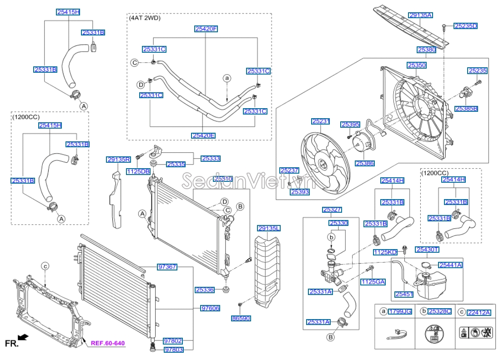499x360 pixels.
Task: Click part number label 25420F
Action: point(207,29)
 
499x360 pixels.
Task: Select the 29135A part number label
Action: point(420,15)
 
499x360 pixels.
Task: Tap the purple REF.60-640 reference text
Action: point(107,343)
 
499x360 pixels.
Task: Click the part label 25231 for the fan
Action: point(320,121)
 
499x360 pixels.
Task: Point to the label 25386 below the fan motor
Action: point(365,163)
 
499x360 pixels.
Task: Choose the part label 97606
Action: point(210,308)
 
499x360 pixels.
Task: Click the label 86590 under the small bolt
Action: point(241,319)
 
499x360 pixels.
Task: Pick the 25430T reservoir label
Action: point(427,250)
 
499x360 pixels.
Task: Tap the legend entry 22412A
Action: point(479,312)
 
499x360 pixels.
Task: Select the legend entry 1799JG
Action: point(400,312)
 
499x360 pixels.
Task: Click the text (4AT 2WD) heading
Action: point(145,18)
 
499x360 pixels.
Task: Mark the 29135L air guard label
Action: point(269,228)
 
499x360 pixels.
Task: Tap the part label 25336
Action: point(205,290)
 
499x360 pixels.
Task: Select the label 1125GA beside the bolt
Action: point(373,282)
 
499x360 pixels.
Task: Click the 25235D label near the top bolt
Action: point(465,26)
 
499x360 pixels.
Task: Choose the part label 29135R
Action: point(119,160)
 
